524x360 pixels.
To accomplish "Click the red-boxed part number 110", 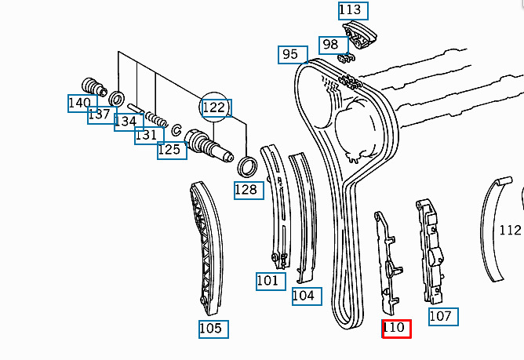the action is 396,329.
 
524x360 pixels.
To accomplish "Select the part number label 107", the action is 443,317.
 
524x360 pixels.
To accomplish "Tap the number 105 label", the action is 213,329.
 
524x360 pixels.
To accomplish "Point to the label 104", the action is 307,296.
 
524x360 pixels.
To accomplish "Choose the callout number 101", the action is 271,281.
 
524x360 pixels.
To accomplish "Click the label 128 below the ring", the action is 249,191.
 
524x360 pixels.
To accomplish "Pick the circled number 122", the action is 216,107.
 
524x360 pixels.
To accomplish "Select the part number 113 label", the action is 353,11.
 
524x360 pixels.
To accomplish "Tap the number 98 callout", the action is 333,45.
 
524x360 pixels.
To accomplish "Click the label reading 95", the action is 293,54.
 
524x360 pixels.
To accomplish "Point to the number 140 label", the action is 82,104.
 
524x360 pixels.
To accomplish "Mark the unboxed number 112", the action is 510,231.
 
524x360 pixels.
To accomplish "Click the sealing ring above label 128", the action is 247,166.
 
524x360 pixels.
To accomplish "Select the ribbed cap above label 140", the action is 94,87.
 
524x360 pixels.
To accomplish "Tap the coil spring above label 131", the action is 156,120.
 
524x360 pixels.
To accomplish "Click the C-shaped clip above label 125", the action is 176,130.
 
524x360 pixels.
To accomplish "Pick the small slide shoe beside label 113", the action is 359,35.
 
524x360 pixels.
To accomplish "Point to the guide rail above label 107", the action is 431,251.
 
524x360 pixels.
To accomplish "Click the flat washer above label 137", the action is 117,99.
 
